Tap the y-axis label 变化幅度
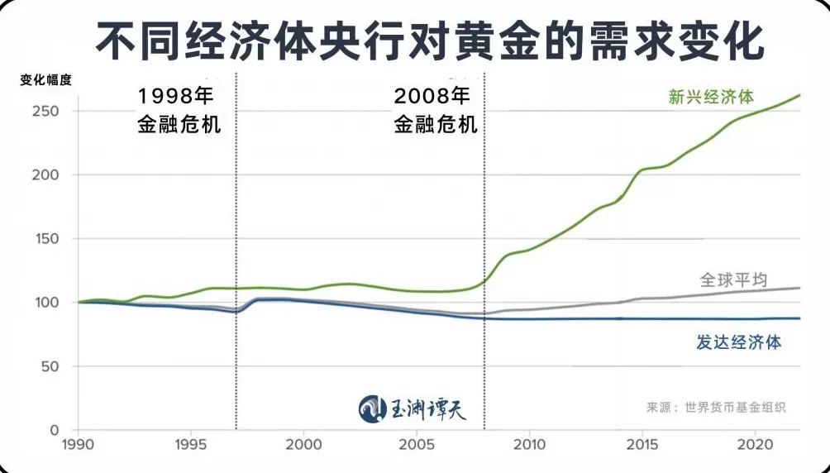pyautogui.click(x=45, y=81)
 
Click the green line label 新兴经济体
pyautogui.click(x=710, y=97)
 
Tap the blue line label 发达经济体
pyautogui.click(x=737, y=342)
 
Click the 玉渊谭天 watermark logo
pyautogui.click(x=418, y=408)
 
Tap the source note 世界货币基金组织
pyautogui.click(x=730, y=408)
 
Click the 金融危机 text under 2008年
pyautogui.click(x=436, y=126)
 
